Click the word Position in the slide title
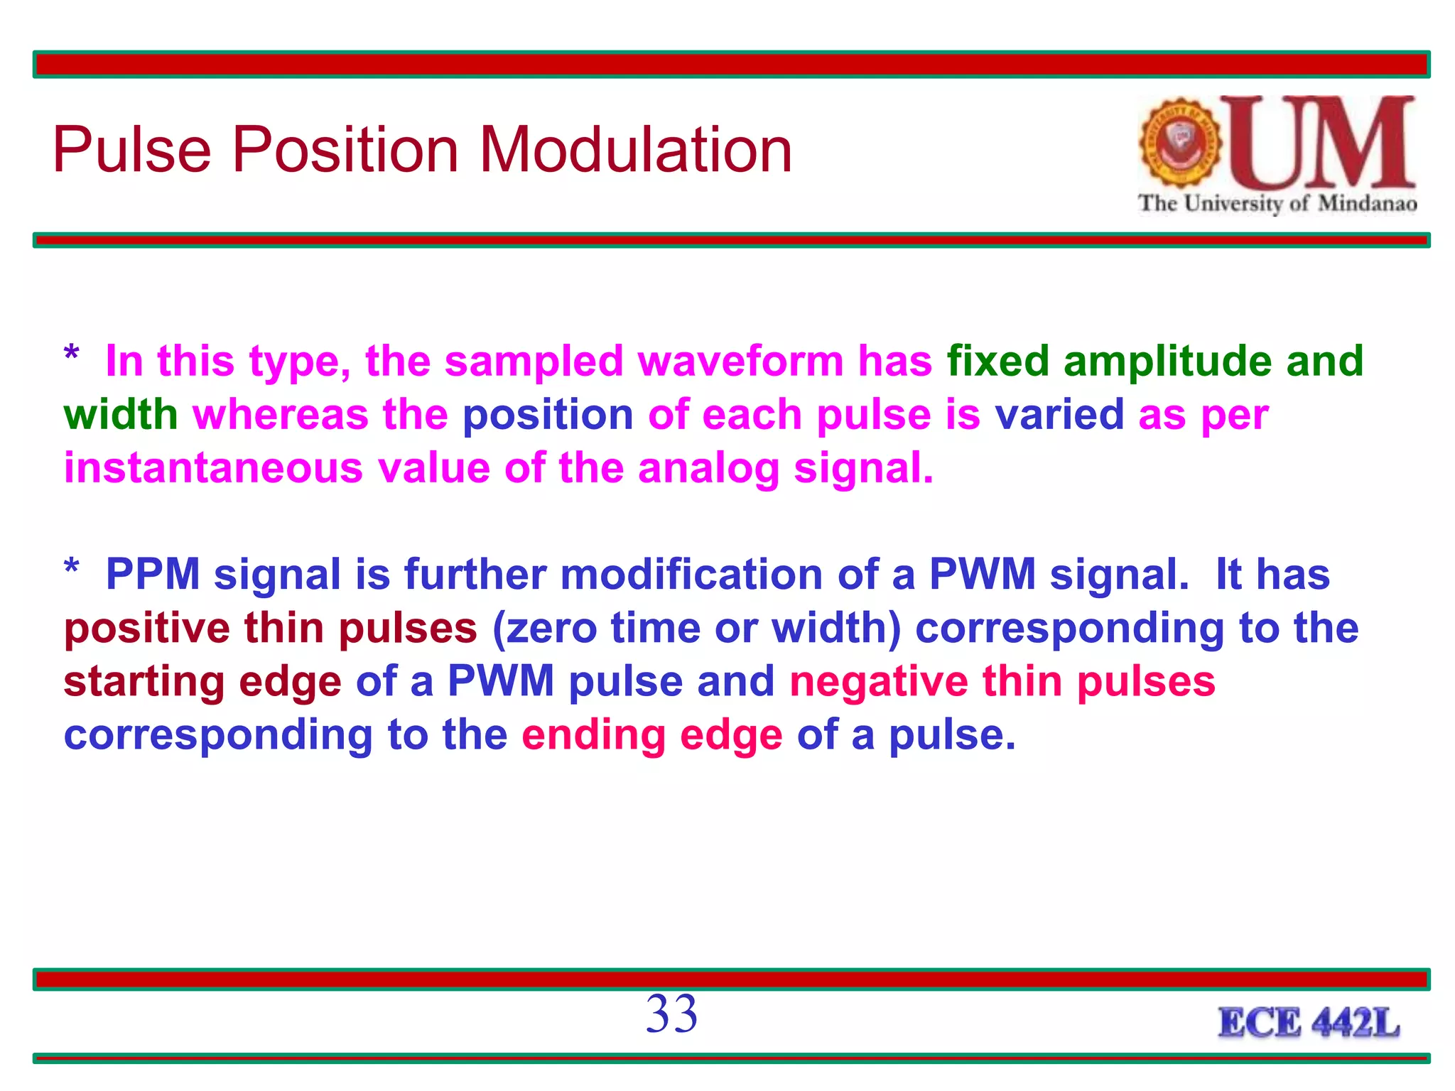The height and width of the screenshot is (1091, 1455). [x=345, y=151]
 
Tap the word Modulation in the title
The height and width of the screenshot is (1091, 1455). [x=635, y=151]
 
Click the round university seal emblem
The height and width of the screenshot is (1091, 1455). [x=1180, y=142]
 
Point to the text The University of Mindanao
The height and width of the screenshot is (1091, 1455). [x=1277, y=204]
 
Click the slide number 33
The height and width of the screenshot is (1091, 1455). [x=671, y=1014]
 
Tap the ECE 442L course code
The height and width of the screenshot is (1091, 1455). [x=1309, y=1024]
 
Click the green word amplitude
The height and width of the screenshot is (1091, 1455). [x=1167, y=362]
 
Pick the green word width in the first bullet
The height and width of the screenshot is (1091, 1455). [x=120, y=415]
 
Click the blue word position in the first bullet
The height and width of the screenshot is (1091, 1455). [x=548, y=415]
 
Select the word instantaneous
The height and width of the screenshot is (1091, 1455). [x=213, y=468]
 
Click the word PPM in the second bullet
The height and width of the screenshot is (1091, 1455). [x=153, y=574]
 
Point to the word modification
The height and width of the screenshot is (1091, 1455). [x=691, y=574]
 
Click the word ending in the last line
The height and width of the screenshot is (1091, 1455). [x=593, y=736]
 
